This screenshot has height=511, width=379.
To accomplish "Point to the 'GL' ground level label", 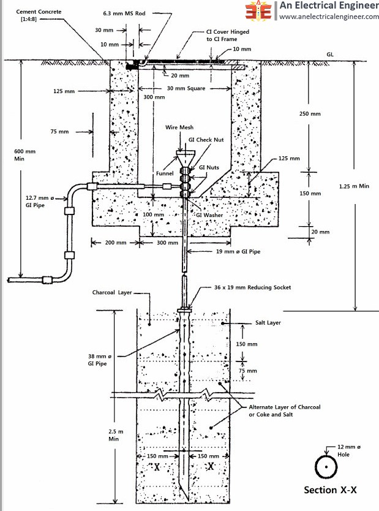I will click(330, 55).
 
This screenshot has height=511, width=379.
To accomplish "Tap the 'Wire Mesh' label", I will click(179, 127).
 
